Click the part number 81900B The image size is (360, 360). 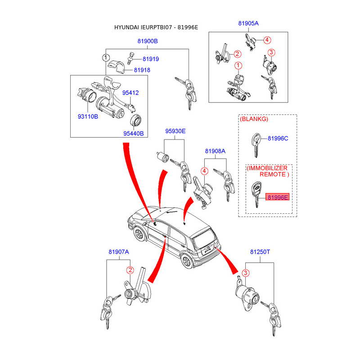tap(148, 41)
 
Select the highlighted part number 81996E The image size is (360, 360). tap(278, 197)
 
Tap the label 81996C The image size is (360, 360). tap(278, 138)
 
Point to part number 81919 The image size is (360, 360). tap(151, 59)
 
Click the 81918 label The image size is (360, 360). tap(142, 70)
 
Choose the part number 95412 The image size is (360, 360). tap(130, 93)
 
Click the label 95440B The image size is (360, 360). tap(133, 133)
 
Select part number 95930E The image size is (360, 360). tap(175, 131)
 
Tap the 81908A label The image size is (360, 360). tap(215, 151)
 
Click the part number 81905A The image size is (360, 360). tap(248, 23)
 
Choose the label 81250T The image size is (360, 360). tap(260, 252)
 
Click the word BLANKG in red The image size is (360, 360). tap(254, 119)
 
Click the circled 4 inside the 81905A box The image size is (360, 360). tap(267, 40)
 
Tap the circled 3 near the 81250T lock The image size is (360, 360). tap(246, 273)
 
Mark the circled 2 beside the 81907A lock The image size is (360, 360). tap(130, 270)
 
